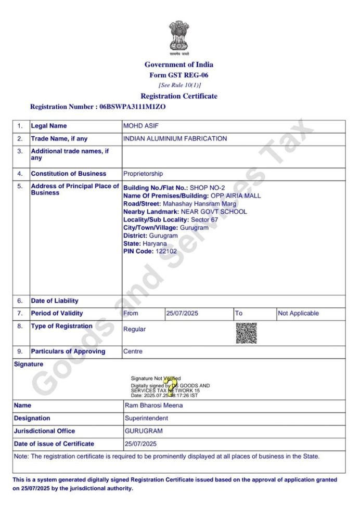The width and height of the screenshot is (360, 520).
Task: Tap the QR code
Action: (x=246, y=333)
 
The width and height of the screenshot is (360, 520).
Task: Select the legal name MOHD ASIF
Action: (x=139, y=126)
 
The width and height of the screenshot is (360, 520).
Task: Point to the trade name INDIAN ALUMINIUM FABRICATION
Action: (x=175, y=139)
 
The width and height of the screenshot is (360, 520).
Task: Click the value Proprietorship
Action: (x=143, y=174)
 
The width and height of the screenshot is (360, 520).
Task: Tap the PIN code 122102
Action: (x=166, y=251)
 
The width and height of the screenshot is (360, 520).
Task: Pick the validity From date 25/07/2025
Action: (x=182, y=314)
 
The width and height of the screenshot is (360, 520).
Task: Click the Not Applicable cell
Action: (x=298, y=314)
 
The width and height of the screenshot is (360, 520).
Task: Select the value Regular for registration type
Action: (x=134, y=329)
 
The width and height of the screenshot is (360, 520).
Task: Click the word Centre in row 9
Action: (x=133, y=352)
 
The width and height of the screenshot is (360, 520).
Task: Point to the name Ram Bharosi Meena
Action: (x=153, y=405)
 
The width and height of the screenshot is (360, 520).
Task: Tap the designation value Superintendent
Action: (x=146, y=418)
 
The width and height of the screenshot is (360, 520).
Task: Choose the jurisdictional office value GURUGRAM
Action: (x=144, y=431)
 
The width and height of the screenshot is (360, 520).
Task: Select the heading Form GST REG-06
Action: (x=179, y=75)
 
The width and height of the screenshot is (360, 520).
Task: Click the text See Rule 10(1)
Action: (x=179, y=85)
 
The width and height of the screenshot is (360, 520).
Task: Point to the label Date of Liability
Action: (x=55, y=301)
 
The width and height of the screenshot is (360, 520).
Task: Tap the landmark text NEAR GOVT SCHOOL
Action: (x=214, y=212)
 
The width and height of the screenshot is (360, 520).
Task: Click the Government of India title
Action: (x=179, y=64)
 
